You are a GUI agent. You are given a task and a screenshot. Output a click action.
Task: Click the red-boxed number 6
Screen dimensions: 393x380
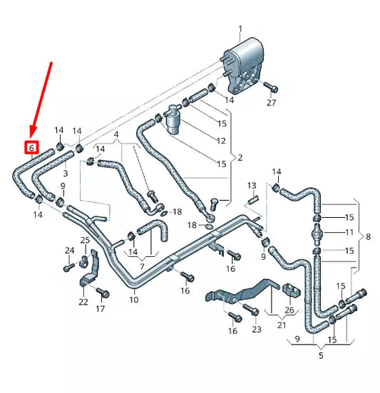[x=31, y=148]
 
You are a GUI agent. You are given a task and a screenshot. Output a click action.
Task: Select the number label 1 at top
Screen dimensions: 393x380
[x=240, y=29]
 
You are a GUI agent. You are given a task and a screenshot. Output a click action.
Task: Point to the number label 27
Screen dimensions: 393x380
[x=271, y=103]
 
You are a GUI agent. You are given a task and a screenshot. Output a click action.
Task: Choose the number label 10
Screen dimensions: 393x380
[x=133, y=300]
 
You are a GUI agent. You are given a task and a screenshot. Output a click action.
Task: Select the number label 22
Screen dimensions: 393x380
[x=83, y=302]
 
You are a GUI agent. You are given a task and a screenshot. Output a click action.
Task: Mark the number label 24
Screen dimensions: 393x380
[x=69, y=251]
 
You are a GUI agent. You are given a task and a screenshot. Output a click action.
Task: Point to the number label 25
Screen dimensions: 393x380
[x=85, y=240]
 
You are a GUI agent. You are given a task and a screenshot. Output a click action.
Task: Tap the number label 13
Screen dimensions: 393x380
[x=251, y=186]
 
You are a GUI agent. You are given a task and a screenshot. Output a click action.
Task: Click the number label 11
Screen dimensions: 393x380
[x=349, y=233]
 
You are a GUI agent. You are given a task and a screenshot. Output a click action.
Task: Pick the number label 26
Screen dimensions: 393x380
[x=289, y=310]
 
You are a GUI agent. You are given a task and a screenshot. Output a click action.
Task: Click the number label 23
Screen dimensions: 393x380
[x=257, y=329]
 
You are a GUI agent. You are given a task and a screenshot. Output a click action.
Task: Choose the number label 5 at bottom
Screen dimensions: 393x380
[x=320, y=355]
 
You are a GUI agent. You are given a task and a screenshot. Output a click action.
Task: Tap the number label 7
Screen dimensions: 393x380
[x=142, y=266]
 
